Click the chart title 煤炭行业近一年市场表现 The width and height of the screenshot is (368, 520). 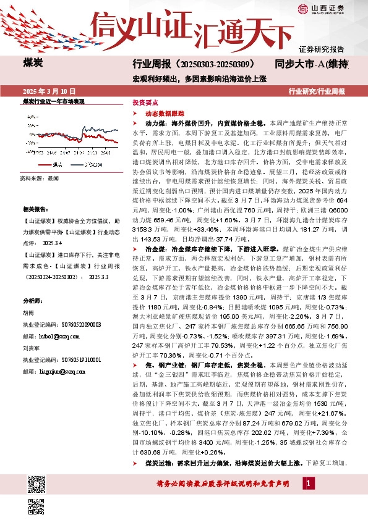pos(53,101)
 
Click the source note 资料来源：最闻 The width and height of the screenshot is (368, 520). pos(40,178)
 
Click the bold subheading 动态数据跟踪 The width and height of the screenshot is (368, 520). pos(161,114)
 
